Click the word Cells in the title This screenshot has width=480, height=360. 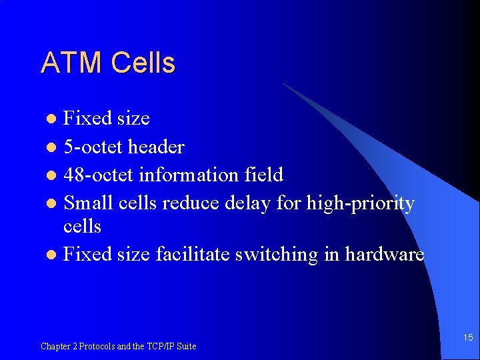point(143,63)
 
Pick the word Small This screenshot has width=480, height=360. point(86,203)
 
